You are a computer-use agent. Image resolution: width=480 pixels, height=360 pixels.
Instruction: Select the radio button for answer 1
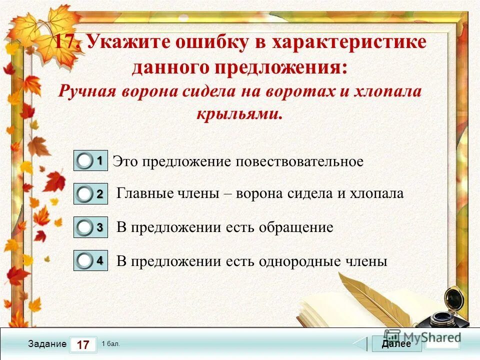[x=85, y=161]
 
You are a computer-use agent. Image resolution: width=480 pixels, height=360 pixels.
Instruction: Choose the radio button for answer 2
[x=85, y=194]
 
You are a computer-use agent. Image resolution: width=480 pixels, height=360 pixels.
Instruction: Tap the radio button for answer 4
[x=85, y=260]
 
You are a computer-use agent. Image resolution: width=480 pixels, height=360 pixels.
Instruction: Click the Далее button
[x=396, y=343]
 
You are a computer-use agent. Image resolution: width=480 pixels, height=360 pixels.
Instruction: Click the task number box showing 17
[x=83, y=344]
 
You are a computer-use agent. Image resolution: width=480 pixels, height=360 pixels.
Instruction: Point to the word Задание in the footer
[x=47, y=344]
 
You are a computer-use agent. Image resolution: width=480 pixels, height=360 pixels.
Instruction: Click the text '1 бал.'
[x=110, y=344]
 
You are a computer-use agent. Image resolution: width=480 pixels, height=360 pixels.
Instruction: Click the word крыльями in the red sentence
[x=238, y=114]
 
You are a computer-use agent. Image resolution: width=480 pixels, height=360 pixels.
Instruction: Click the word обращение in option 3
[x=295, y=227]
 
